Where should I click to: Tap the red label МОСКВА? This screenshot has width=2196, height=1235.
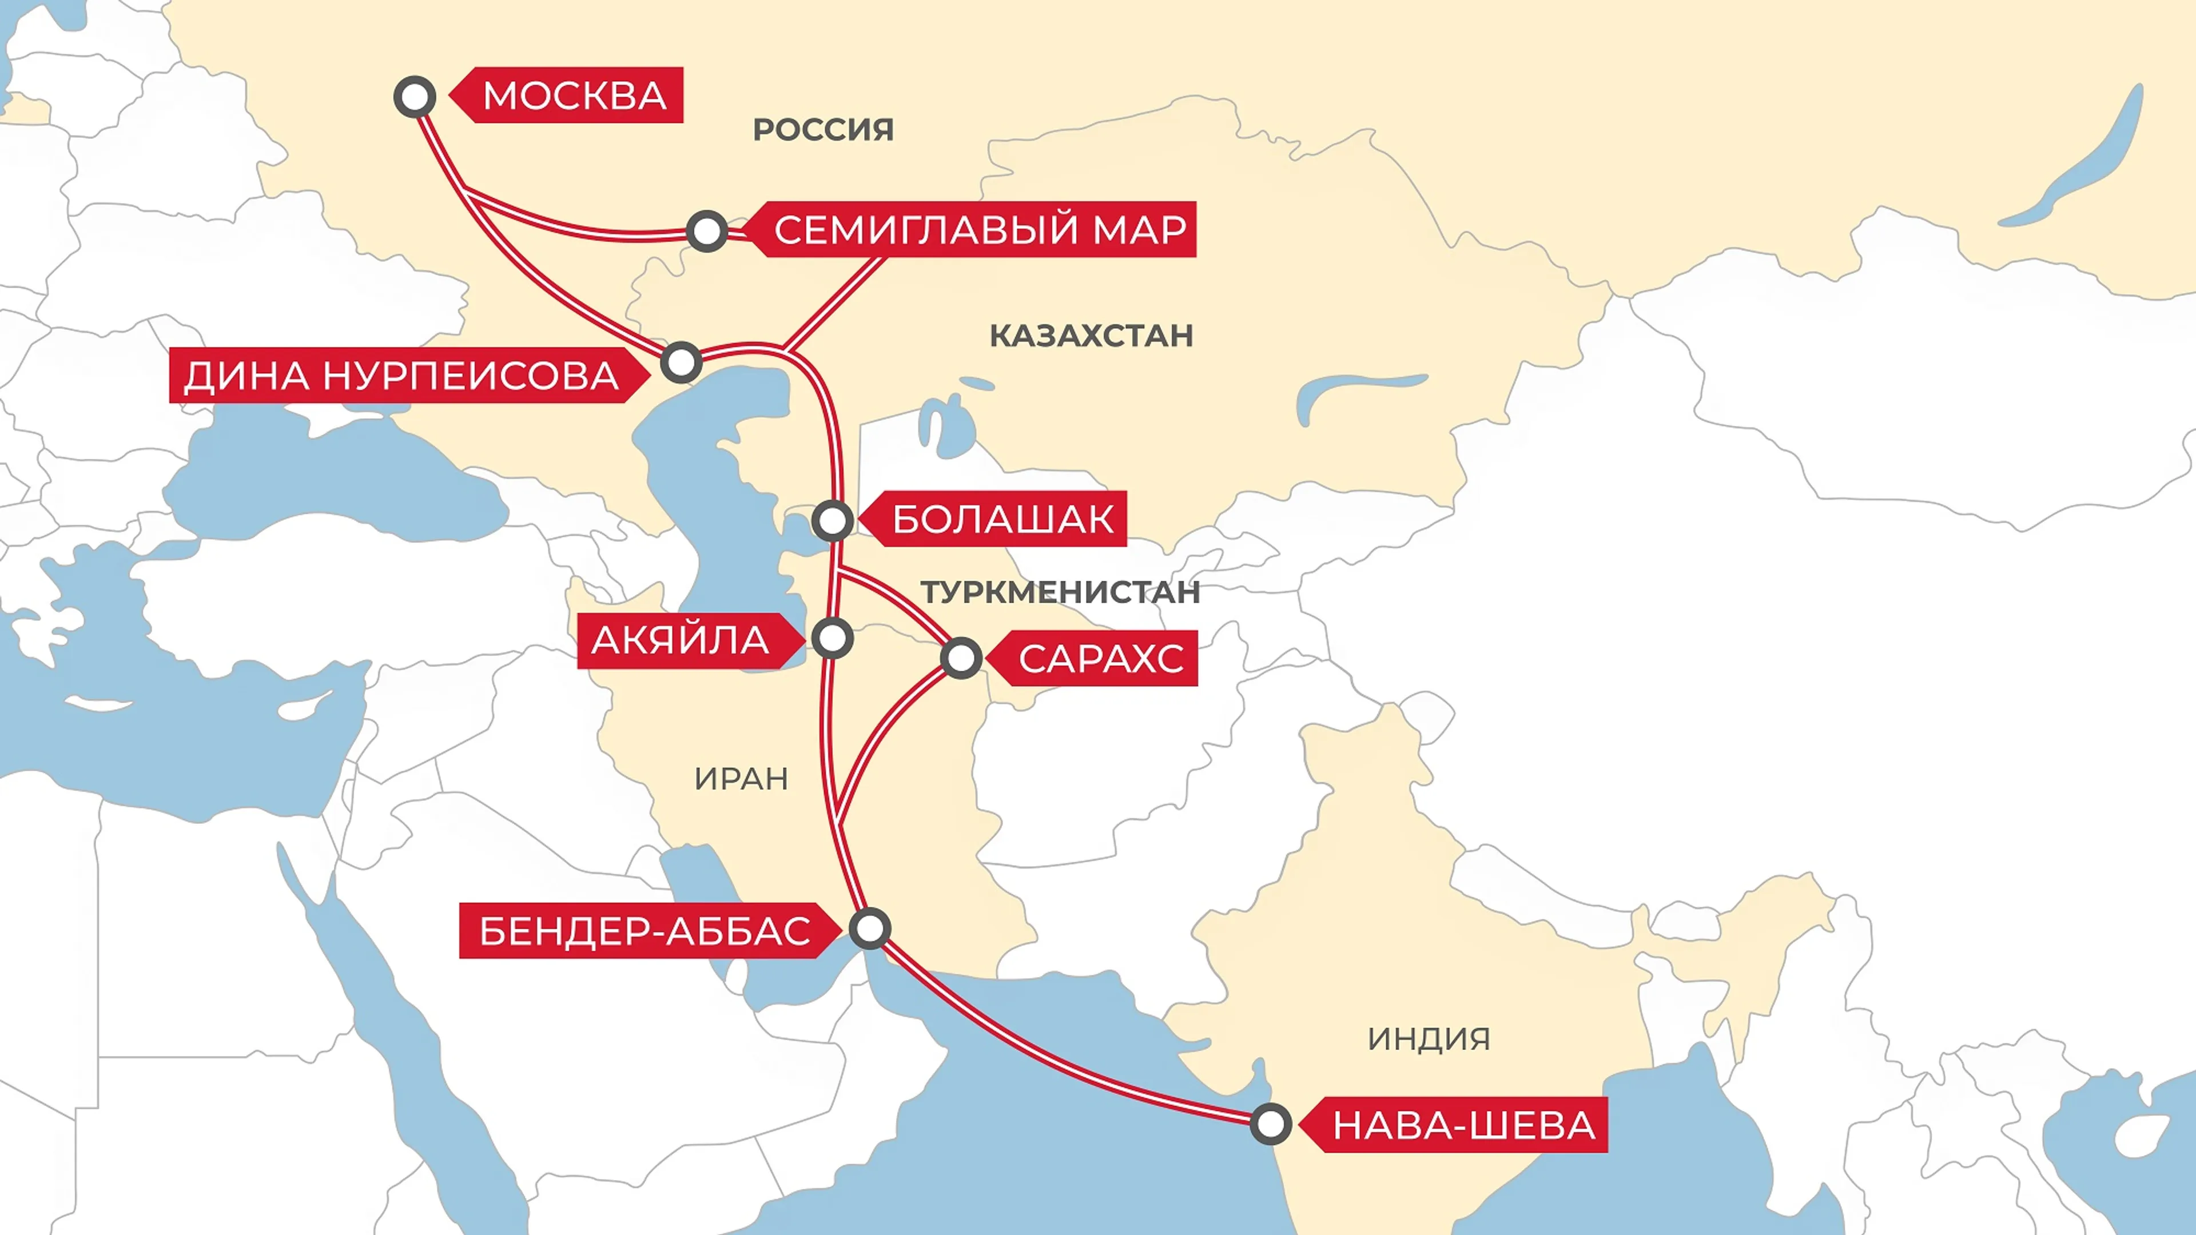click(573, 95)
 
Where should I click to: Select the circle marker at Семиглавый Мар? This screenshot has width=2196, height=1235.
click(707, 231)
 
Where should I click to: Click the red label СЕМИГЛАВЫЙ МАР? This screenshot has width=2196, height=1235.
click(980, 230)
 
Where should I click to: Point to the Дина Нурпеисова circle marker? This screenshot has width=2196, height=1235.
click(681, 362)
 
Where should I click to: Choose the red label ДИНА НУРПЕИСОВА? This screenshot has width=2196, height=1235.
click(401, 376)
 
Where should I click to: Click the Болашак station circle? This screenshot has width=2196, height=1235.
click(833, 520)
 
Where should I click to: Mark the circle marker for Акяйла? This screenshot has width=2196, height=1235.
click(832, 638)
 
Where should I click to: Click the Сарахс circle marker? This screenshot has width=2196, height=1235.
click(961, 658)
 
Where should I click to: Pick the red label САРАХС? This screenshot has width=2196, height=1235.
click(1100, 659)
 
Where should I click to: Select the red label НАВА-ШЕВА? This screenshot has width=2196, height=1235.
click(1463, 1125)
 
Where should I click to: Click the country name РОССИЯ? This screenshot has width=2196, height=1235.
click(823, 130)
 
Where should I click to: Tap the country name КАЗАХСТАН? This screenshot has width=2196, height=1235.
click(1091, 336)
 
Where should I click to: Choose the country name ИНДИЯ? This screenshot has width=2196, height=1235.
click(1429, 1039)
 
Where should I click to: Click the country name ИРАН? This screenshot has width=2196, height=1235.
click(741, 779)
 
